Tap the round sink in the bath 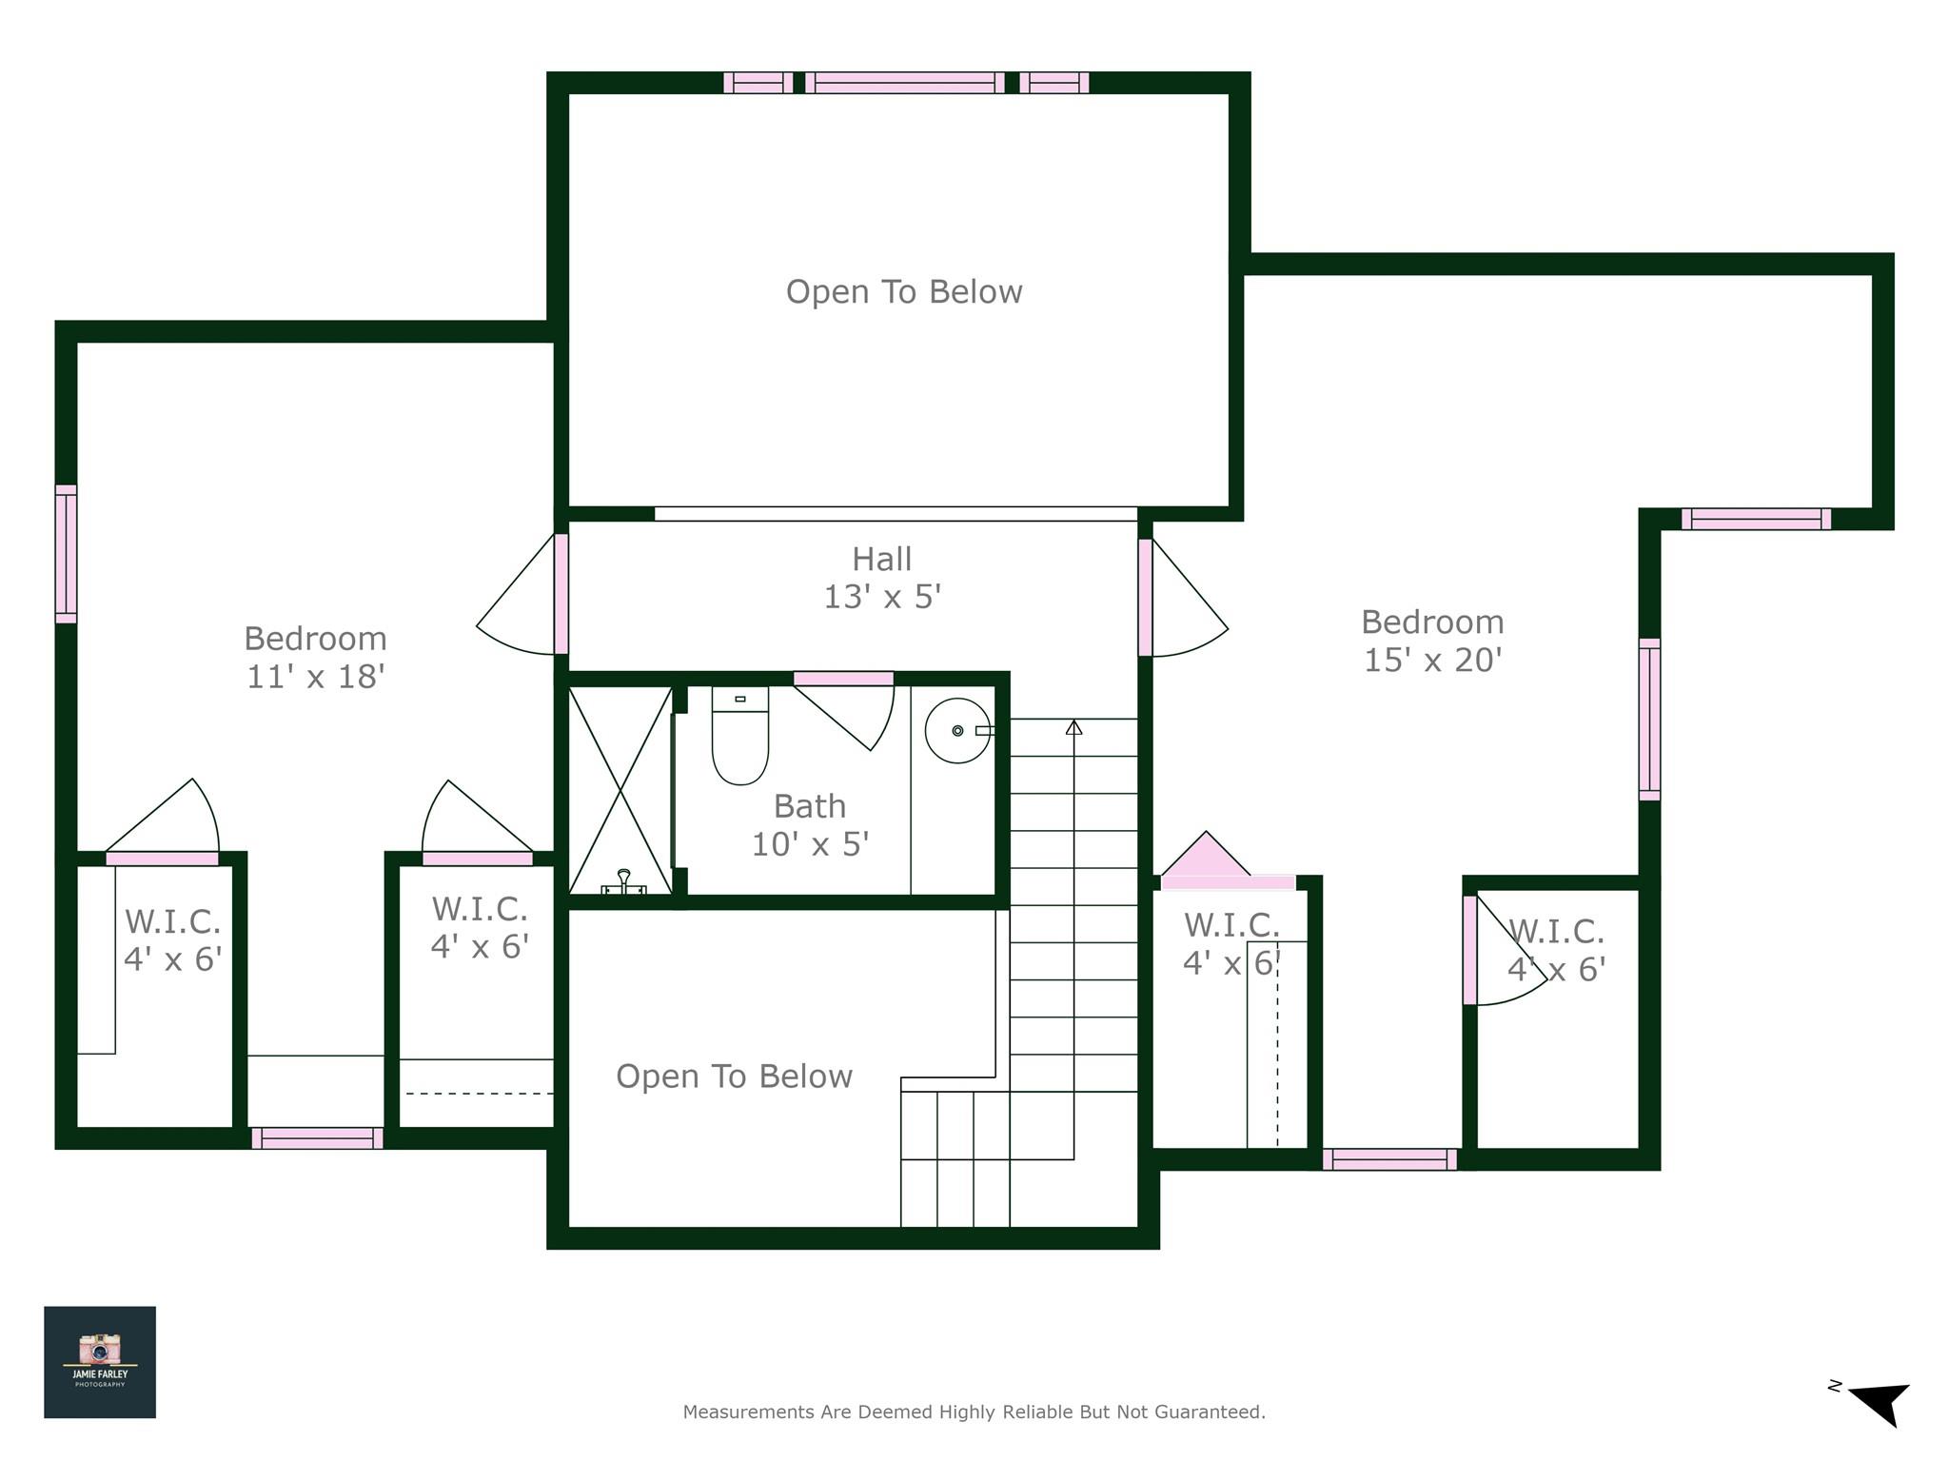tap(957, 731)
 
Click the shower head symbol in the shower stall tap(624, 880)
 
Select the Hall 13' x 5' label tap(882, 578)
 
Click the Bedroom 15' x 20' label tap(1432, 641)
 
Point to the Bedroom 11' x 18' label tap(315, 657)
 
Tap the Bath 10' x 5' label tap(810, 825)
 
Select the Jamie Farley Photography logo tap(100, 1362)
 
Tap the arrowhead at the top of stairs tap(1074, 727)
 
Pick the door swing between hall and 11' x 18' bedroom tap(519, 600)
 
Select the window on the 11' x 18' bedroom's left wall tap(66, 554)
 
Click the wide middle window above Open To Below tap(905, 83)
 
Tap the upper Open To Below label tap(904, 291)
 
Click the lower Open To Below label tap(734, 1077)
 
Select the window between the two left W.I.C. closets tap(317, 1137)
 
